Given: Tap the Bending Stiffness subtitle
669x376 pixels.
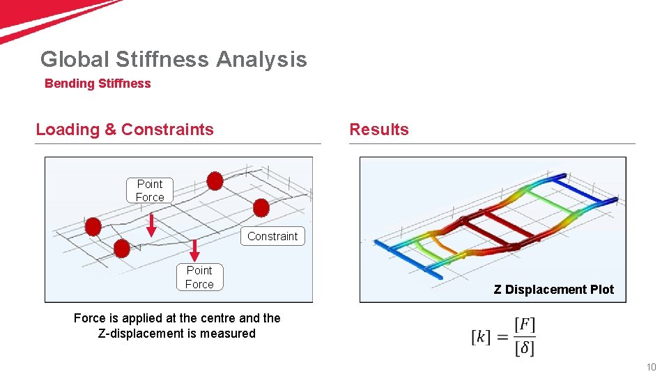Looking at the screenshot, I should [98, 84].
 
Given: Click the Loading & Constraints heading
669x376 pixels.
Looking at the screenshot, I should [125, 130].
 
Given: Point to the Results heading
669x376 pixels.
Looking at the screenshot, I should [379, 130].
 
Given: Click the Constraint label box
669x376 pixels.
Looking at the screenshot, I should [272, 236].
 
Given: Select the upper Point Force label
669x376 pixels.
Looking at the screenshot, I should [150, 190].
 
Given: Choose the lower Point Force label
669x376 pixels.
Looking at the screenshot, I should [199, 276].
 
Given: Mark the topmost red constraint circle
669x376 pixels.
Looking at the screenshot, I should [215, 182].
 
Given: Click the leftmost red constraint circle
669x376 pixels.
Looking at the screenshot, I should [93, 227].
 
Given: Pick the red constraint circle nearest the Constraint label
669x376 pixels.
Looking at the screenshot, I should [261, 207].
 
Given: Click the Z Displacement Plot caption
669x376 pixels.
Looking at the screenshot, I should [554, 290].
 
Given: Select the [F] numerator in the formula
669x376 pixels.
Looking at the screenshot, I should [524, 325].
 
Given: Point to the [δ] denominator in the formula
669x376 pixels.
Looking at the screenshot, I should [524, 347].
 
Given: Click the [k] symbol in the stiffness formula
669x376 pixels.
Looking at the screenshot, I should [481, 337].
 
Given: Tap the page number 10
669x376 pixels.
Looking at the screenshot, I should [652, 367].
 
